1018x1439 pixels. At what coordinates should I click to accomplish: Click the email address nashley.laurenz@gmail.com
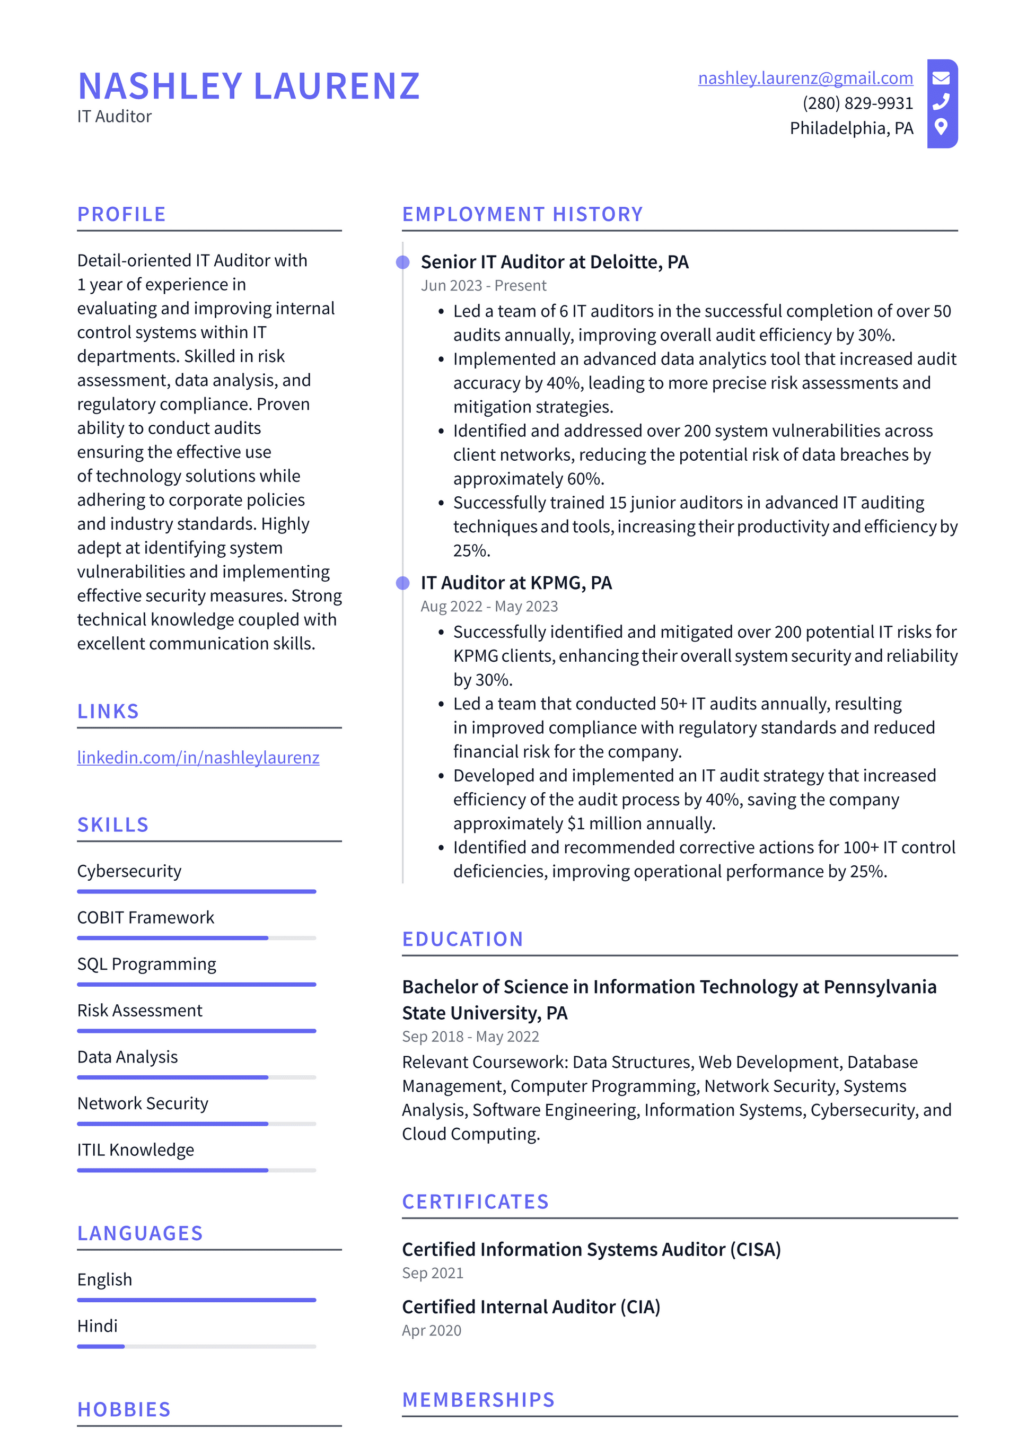[805, 78]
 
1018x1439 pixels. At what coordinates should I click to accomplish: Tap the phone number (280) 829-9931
[857, 103]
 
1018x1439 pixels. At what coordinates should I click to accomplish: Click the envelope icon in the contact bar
[941, 78]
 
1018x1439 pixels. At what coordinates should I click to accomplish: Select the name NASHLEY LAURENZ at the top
[249, 86]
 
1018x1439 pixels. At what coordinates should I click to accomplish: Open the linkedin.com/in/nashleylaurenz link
[198, 757]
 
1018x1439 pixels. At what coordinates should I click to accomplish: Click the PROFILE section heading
[121, 214]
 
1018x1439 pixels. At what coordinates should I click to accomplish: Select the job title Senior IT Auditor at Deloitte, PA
[554, 262]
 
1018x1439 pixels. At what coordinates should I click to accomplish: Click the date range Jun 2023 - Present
[484, 286]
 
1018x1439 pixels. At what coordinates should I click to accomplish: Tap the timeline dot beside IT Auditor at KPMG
[403, 583]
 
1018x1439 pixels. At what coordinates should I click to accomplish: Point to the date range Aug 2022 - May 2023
[489, 606]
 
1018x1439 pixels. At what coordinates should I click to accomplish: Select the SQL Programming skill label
[147, 964]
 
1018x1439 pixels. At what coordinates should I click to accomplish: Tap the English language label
[104, 1279]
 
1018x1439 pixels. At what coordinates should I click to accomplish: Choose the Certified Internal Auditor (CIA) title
[531, 1307]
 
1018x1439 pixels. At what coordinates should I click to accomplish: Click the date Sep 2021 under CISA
[433, 1273]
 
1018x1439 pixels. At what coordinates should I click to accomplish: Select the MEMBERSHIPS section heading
[478, 1400]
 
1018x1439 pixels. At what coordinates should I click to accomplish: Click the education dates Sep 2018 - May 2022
[470, 1037]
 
